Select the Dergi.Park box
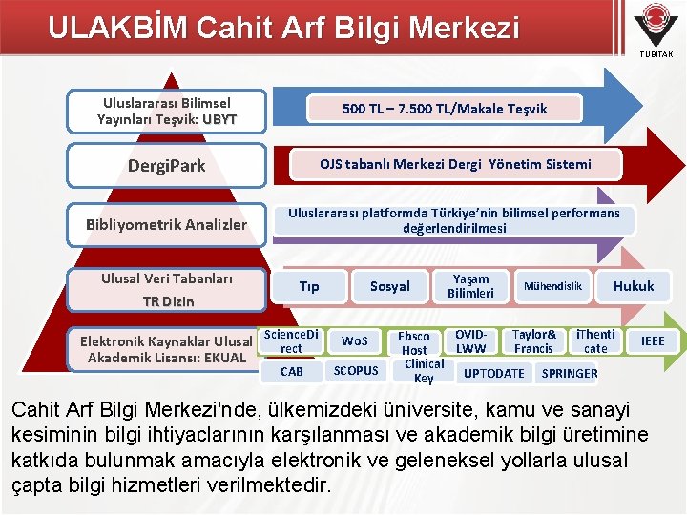[167, 166]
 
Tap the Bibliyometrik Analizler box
[167, 225]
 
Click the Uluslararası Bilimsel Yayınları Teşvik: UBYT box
[167, 111]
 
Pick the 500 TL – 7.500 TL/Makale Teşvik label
[445, 109]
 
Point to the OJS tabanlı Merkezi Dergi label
[454, 164]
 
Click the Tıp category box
[309, 286]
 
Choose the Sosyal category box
[389, 286]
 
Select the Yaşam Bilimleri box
[470, 286]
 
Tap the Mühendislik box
[552, 286]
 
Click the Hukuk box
[634, 286]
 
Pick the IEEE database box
[653, 340]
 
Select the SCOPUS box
[355, 371]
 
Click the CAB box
[292, 371]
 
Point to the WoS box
[355, 340]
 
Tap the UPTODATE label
[493, 373]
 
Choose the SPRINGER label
[570, 373]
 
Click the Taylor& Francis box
[534, 341]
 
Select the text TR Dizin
[167, 301]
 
